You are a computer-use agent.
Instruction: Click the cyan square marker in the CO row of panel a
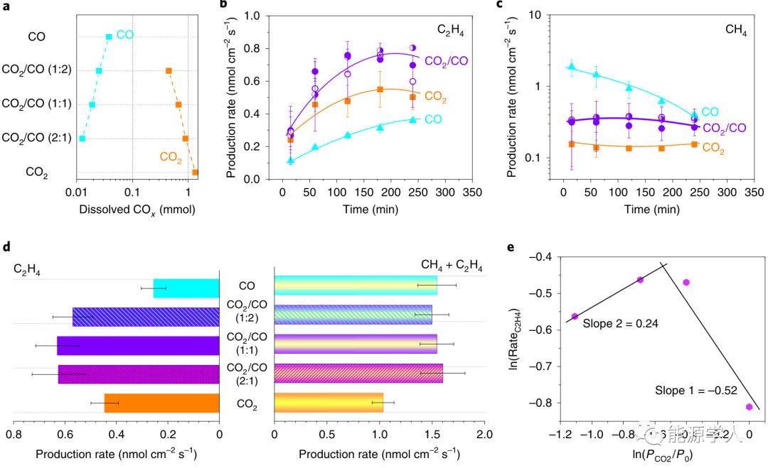(109, 37)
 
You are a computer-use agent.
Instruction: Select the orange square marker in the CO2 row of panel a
(195, 172)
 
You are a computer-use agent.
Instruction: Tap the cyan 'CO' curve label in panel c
(710, 111)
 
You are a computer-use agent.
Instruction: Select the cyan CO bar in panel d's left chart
(186, 288)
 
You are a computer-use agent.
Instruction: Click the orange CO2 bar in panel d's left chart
(161, 403)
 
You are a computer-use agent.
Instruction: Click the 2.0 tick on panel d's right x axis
(484, 433)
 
